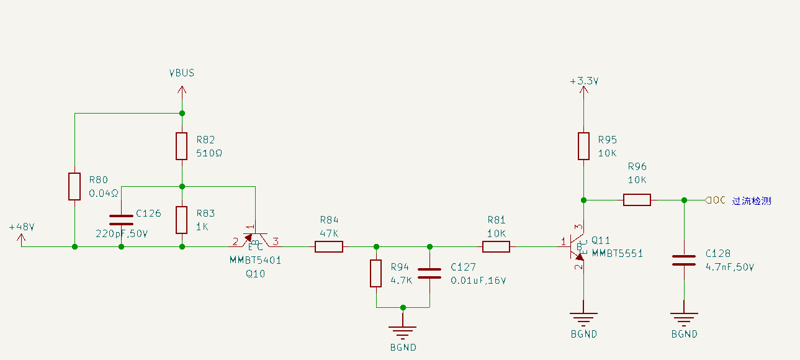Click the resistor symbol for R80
74,186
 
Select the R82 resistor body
182,146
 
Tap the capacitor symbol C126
121,220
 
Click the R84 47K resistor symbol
329,247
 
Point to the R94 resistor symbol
376,274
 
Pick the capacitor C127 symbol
429,273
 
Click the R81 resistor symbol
496,247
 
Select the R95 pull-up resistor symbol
583,146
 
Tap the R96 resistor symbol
637,200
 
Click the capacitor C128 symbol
684,260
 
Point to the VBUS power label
182,73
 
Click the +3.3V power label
583,81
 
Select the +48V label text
22,227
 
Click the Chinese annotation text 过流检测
752,200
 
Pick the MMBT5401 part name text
255,260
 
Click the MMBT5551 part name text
617,253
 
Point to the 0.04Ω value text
104,193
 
